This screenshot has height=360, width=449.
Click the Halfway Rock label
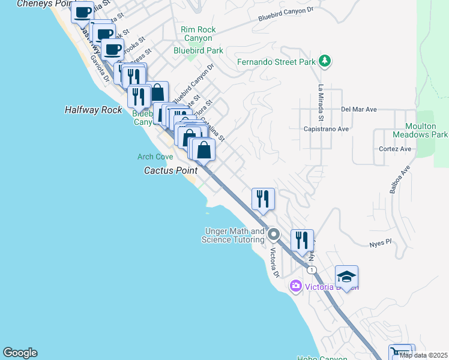[x=93, y=110]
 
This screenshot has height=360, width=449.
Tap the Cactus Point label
[x=170, y=171]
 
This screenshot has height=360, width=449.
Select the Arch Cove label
[x=155, y=157]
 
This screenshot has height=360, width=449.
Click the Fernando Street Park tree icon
[x=325, y=61]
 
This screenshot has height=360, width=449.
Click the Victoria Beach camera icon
[x=295, y=285]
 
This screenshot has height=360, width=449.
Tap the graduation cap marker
[x=346, y=277]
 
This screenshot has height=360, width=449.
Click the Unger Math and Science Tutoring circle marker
[x=274, y=233]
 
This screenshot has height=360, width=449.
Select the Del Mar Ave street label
[x=358, y=110]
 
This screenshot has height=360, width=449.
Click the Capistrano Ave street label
[x=326, y=129]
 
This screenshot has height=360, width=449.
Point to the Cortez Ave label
[x=395, y=149]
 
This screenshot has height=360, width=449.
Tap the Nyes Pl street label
[x=380, y=242]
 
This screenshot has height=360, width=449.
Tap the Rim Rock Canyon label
[x=198, y=34]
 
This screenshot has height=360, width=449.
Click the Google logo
[x=20, y=353]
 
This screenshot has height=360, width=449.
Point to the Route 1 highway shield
[x=312, y=271]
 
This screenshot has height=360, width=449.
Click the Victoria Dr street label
[x=275, y=263]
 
